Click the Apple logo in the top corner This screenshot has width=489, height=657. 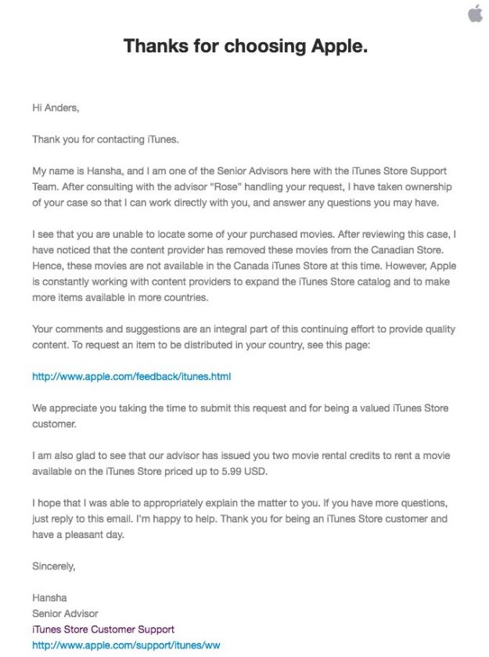tap(475, 13)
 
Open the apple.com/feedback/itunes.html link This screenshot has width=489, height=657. tap(131, 376)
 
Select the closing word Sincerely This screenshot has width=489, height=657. tap(53, 565)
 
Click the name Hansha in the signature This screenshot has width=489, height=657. tap(49, 598)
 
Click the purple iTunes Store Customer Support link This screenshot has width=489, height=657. tap(102, 629)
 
